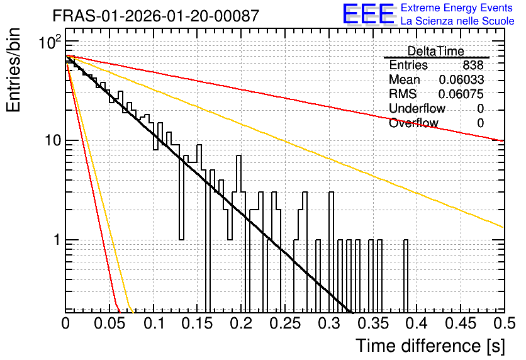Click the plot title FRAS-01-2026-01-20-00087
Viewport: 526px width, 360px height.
pos(156,16)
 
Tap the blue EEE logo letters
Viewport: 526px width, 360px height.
pos(369,14)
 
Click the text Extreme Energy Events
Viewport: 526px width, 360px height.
pos(457,8)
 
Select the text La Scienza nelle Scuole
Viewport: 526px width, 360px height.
pos(457,21)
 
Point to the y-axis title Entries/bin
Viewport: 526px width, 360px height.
pos(13,70)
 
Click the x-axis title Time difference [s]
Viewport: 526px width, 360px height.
pos(430,346)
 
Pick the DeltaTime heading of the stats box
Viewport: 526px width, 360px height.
pos(435,51)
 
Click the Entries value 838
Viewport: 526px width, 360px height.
pos(473,65)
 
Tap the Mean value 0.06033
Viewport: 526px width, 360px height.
pos(461,79)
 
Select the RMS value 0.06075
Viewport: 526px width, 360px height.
pos(461,94)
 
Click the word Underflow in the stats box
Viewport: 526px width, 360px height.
pos(417,108)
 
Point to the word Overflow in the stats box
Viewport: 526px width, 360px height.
pos(413,123)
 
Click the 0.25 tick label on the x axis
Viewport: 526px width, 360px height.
pos(286,323)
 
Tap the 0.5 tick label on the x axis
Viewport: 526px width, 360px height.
pos(504,323)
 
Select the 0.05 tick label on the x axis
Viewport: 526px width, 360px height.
pos(109,323)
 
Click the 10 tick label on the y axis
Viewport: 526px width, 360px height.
pos(53,140)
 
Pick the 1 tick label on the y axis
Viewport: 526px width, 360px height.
pos(58,240)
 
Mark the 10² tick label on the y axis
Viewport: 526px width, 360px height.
pos(50,42)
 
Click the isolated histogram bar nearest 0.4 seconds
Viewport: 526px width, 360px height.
pos(406,276)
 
